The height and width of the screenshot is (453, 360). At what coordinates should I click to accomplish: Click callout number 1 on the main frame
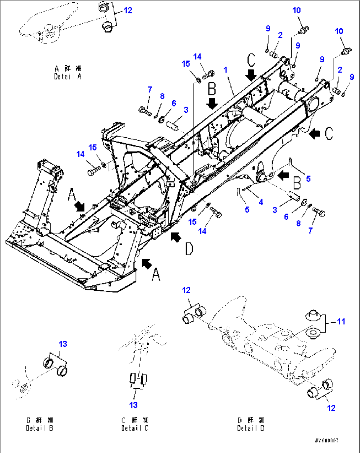pos(225,70)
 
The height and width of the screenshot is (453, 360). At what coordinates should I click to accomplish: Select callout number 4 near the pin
pos(261,202)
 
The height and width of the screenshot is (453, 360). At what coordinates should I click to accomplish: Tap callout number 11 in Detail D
pos(341,321)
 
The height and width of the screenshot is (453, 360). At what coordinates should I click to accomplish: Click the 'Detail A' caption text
pos(68,77)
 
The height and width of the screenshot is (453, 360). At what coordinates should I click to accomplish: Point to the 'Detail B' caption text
pos(40,428)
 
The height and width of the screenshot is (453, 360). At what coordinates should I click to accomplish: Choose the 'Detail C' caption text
pos(135,428)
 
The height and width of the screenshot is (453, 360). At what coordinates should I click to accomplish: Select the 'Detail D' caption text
pos(251,428)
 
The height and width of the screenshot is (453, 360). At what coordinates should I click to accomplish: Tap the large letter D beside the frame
pos(189,249)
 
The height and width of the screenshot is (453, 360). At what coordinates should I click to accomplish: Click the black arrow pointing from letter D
pos(176,236)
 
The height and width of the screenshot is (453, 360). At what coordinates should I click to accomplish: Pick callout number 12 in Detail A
pos(127,10)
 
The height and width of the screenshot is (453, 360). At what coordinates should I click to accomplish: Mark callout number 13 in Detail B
pos(63,344)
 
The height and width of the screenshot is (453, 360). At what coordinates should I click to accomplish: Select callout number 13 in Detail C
pos(133,405)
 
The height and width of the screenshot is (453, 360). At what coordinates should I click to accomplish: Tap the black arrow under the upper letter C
pos(251,75)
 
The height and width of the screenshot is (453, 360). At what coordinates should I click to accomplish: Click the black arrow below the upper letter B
pos(212,104)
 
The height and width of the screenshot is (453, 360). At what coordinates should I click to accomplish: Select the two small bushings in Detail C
pos(138,378)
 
